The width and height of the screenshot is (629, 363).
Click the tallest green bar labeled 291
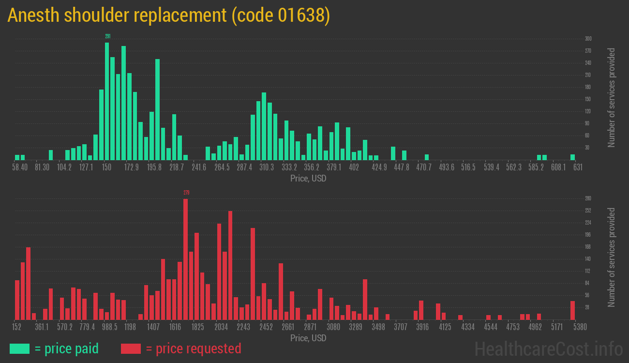[107, 101]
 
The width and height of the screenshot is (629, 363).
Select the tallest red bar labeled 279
[185, 259]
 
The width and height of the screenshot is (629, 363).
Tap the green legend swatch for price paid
[19, 348]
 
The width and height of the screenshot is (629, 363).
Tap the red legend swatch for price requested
[131, 348]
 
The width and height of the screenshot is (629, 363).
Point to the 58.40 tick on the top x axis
[20, 167]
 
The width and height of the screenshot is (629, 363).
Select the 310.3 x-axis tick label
[266, 167]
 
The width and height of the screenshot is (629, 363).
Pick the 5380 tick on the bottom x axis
[572, 327]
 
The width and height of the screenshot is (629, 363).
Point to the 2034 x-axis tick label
[221, 327]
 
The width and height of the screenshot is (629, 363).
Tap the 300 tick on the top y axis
[588, 39]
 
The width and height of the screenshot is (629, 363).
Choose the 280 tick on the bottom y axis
[588, 198]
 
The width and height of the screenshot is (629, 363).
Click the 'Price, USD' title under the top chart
[308, 178]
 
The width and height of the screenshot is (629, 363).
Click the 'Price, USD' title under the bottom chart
[308, 338]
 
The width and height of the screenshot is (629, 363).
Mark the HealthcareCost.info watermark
[548, 348]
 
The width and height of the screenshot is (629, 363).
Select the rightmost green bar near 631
[572, 157]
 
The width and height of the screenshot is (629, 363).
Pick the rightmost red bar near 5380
[572, 310]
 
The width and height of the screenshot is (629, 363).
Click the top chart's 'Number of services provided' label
[612, 97]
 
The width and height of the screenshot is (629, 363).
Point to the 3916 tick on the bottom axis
[423, 327]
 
